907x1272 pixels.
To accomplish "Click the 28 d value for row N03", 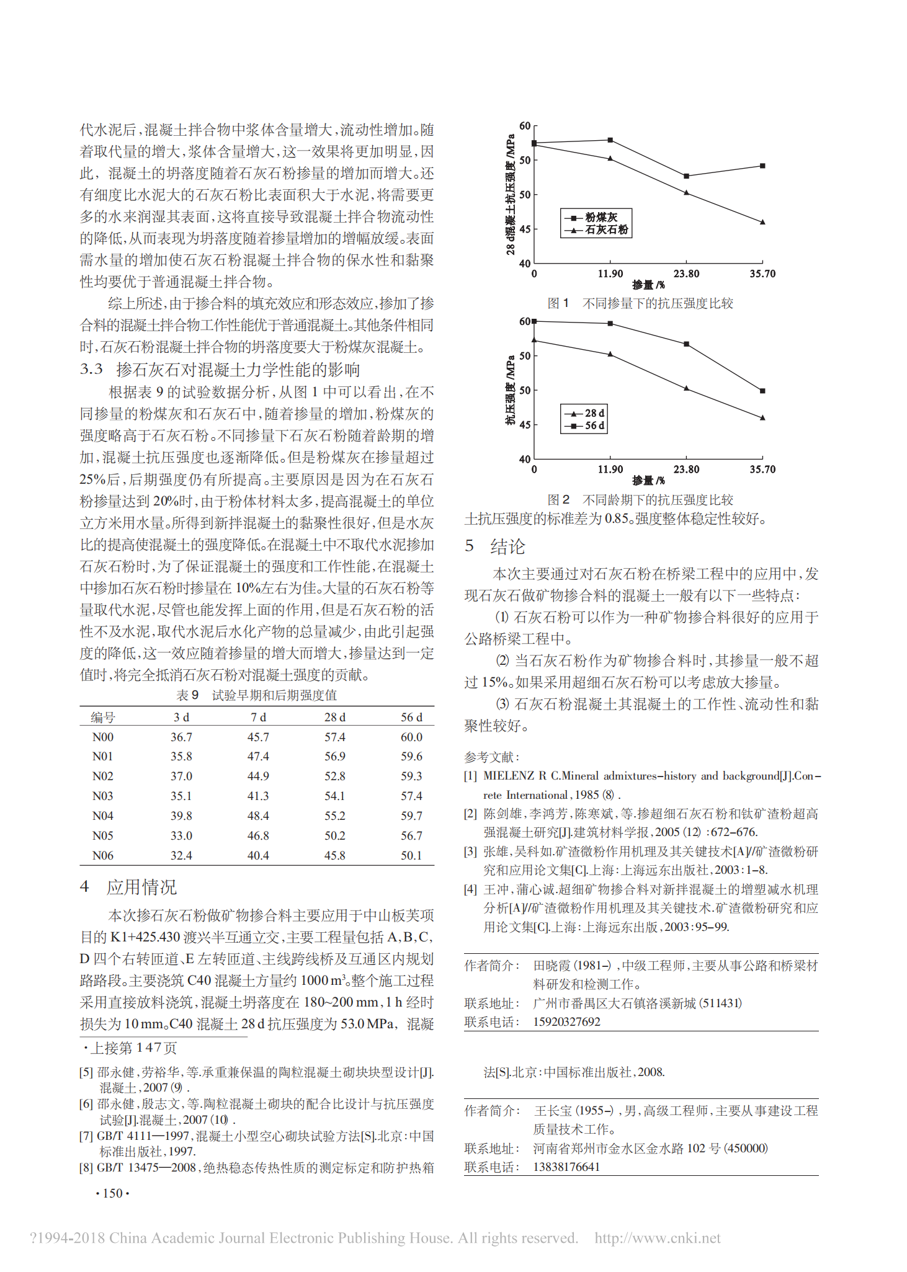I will [x=335, y=796].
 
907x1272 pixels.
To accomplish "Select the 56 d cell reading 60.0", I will [x=411, y=737].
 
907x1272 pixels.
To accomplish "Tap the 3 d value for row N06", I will [x=181, y=855].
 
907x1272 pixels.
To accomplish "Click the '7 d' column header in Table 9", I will [x=258, y=717].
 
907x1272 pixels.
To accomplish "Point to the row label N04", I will [x=103, y=816].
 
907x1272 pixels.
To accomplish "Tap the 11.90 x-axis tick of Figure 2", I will [x=610, y=469].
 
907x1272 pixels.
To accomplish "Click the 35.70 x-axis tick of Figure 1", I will [x=762, y=274].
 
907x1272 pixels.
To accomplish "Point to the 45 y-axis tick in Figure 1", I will [x=525, y=229].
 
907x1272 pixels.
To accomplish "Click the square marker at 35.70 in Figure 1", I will [x=762, y=166].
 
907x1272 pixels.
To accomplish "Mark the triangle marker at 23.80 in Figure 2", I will [x=686, y=388].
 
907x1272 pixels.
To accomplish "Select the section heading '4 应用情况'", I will [x=128, y=887].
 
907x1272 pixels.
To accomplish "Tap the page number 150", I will [x=112, y=1193].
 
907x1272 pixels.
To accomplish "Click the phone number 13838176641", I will [x=566, y=1167].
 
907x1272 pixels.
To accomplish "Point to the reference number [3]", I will [x=471, y=852].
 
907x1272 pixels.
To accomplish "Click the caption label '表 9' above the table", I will [x=187, y=695].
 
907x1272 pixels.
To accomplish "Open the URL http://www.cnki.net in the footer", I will [x=658, y=1239].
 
